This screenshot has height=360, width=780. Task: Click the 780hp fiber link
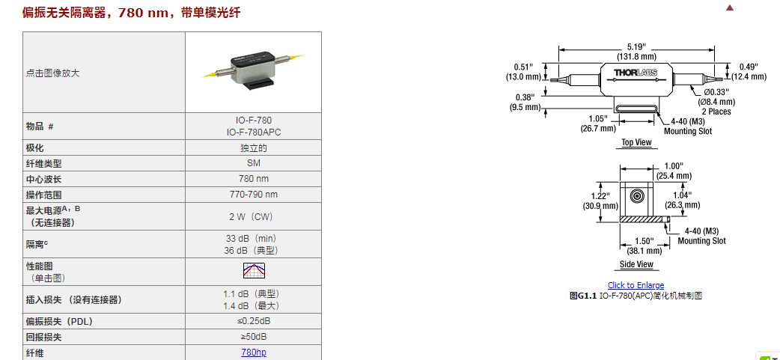(253, 353)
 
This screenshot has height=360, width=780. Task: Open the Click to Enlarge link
(636, 285)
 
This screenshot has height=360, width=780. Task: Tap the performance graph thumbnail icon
(254, 271)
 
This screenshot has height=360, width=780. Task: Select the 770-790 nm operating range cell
(253, 195)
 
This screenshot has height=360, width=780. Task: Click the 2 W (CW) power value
(253, 217)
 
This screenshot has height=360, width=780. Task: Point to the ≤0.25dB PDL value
(253, 321)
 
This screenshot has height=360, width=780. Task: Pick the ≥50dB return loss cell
(253, 337)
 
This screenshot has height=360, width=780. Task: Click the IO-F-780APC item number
(253, 132)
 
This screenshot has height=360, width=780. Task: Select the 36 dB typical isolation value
(253, 250)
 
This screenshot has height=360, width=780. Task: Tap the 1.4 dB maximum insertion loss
(253, 305)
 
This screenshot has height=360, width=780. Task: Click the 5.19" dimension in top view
(636, 46)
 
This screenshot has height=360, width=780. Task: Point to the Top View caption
(636, 142)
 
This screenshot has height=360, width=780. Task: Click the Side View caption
(636, 264)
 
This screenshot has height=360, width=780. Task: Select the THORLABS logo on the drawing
(636, 73)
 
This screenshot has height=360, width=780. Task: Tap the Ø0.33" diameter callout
(716, 92)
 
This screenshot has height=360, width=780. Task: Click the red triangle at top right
(731, 8)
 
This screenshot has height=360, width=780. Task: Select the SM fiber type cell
(253, 163)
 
